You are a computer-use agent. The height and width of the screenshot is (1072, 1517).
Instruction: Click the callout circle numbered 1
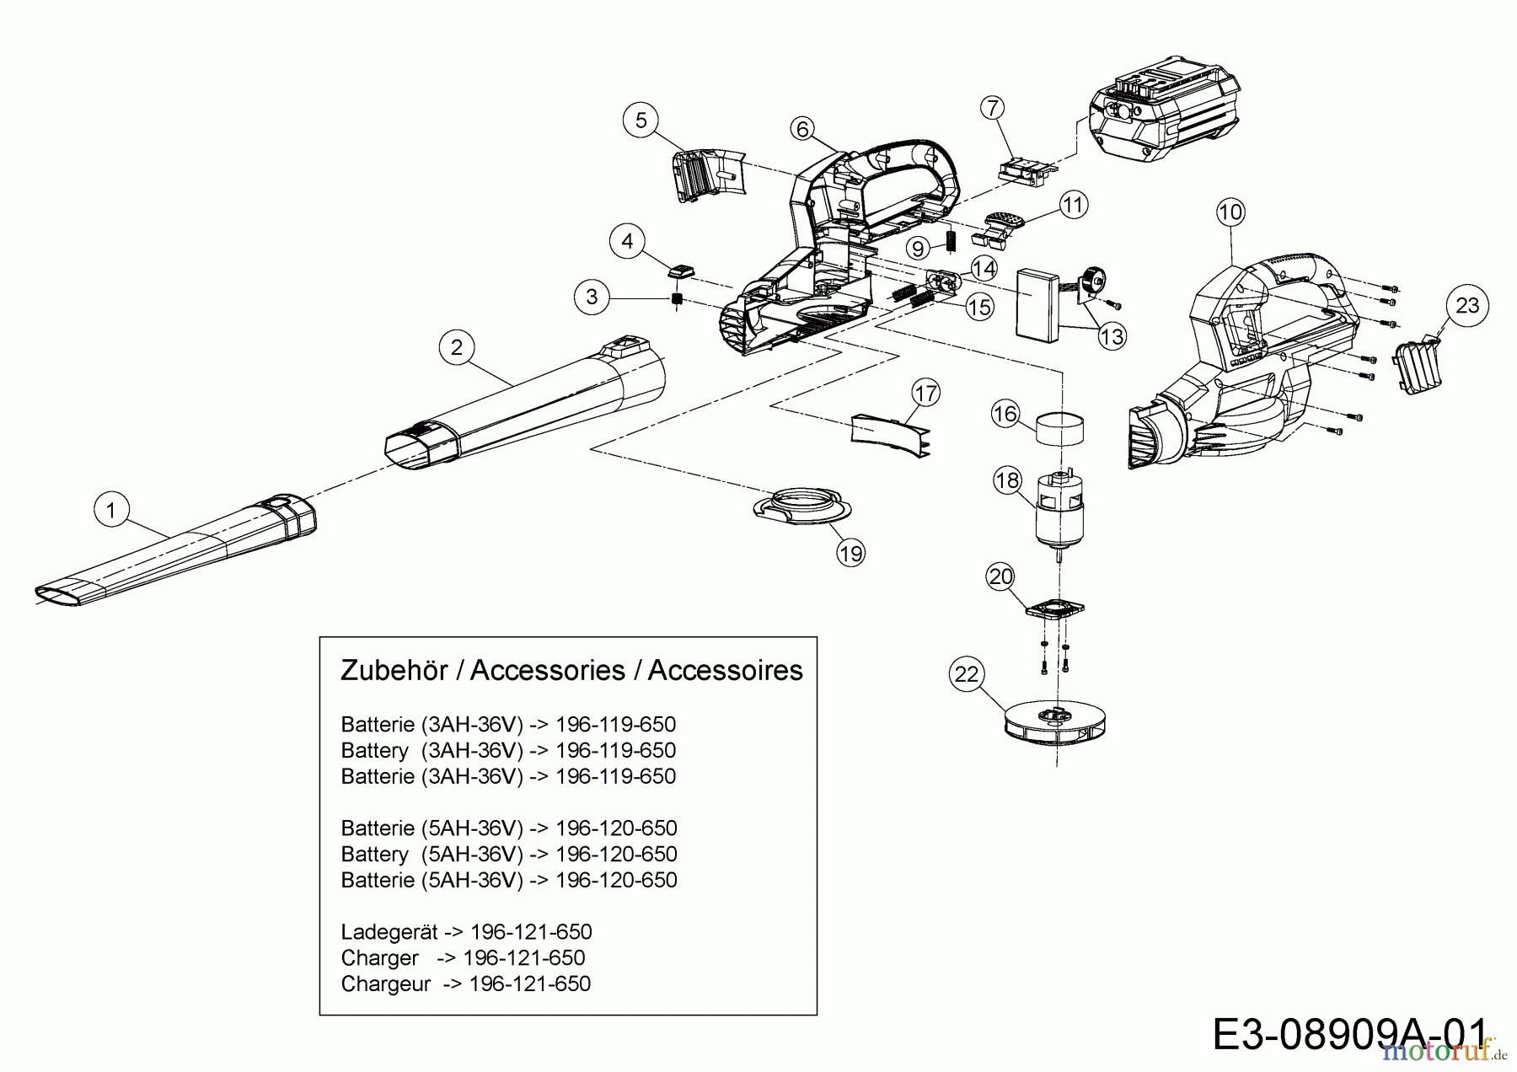click(x=111, y=510)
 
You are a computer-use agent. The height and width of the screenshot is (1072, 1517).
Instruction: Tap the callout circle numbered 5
click(x=641, y=121)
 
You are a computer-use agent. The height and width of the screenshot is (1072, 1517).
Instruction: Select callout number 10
click(x=1230, y=212)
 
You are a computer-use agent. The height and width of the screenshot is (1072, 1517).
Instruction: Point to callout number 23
click(x=1467, y=305)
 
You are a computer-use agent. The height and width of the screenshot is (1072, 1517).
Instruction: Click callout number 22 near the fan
click(x=967, y=674)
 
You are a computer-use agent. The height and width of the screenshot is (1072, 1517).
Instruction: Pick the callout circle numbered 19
click(x=851, y=553)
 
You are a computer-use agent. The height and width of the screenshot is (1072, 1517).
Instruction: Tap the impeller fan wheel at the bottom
click(x=1056, y=722)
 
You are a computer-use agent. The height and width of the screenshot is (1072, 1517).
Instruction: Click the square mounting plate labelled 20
click(x=1055, y=608)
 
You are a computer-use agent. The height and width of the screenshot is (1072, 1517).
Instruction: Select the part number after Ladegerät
click(x=531, y=932)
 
